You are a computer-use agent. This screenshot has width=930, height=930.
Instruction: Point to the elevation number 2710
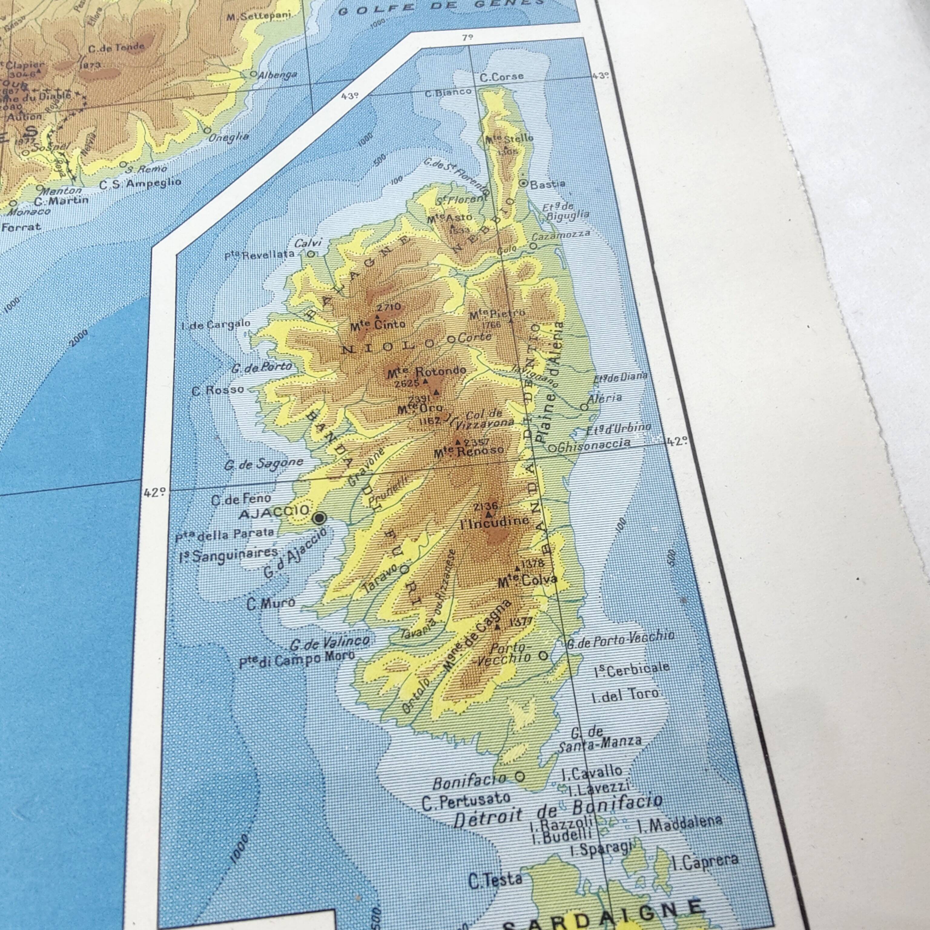click(388, 307)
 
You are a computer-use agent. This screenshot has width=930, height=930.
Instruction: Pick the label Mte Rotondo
click(427, 371)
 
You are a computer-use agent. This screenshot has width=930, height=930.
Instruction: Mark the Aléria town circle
click(584, 407)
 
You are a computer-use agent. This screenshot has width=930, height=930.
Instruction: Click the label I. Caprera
click(705, 861)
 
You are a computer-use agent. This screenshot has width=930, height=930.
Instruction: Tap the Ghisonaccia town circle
click(552, 448)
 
